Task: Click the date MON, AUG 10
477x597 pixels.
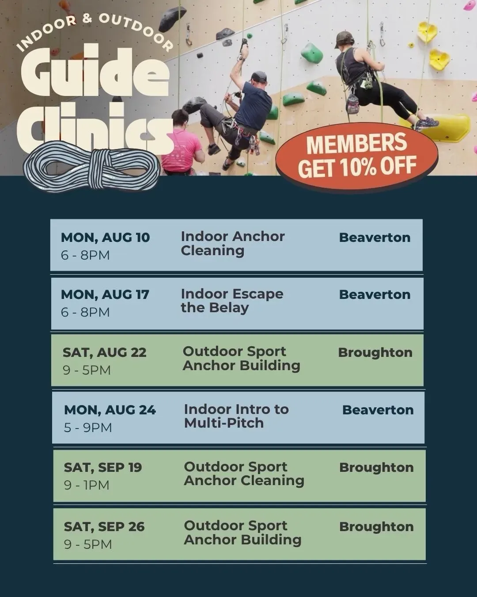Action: coord(105,238)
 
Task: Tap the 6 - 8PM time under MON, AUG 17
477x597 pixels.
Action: coord(85,312)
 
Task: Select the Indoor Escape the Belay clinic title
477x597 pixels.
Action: coord(232,301)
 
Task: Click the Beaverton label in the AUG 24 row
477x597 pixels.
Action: coord(378,410)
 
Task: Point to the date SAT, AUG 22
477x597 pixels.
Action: coord(104,352)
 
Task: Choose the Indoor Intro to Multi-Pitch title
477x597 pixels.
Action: coord(236,416)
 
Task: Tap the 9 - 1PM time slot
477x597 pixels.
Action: coord(87,485)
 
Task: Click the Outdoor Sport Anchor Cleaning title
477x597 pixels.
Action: coord(244,474)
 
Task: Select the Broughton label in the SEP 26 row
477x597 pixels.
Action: coord(376,527)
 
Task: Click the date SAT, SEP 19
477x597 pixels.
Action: coord(103,467)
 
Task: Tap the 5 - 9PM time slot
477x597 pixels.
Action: coord(88,428)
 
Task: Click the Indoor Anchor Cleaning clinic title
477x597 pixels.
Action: coord(233,244)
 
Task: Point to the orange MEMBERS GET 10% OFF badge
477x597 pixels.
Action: coord(357,156)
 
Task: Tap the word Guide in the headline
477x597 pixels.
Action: coord(95,72)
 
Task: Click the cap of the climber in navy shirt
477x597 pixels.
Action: coord(258,76)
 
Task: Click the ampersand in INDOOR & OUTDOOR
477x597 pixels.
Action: coord(87,19)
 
